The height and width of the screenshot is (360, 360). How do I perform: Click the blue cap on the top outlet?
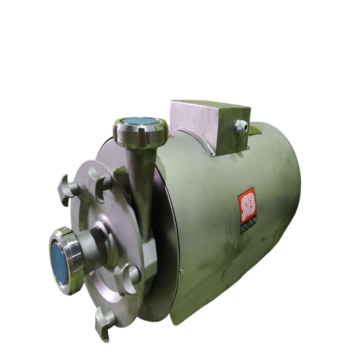pyautogui.click(x=140, y=122)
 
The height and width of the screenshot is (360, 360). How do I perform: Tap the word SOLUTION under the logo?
pyautogui.click(x=248, y=226)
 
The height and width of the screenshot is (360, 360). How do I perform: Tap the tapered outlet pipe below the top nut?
pyautogui.click(x=139, y=169)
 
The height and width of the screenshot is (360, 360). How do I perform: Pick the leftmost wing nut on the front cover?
pyautogui.click(x=68, y=187)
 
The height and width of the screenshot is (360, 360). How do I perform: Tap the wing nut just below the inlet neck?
pyautogui.click(x=126, y=275)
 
